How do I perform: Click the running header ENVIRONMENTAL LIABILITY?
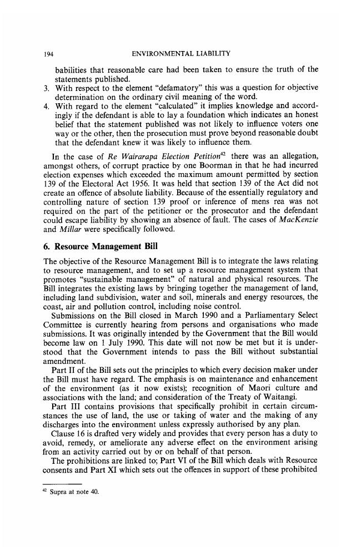pos(182,55)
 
